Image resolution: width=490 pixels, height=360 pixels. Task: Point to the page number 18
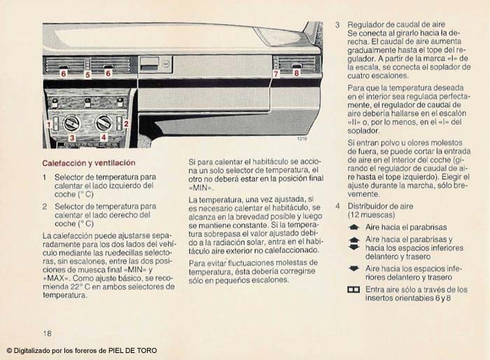point(47,333)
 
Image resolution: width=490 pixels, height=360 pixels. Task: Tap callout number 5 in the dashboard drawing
point(87,74)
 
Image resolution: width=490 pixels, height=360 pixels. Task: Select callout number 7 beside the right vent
point(276,73)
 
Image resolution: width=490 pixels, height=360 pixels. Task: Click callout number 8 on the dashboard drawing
point(296,72)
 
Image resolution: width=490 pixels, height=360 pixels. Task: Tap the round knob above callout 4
point(104,123)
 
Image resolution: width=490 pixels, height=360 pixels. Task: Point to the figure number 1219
point(302,139)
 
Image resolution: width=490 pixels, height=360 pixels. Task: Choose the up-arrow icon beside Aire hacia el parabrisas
point(353,228)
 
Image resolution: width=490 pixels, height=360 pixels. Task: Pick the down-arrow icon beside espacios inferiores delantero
point(353,268)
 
